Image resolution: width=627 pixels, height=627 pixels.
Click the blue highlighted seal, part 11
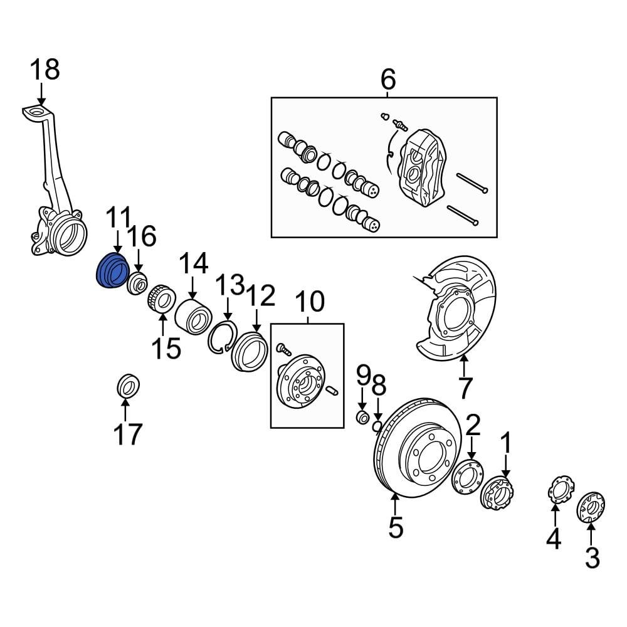[x=112, y=270]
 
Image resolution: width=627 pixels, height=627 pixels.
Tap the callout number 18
[x=45, y=70]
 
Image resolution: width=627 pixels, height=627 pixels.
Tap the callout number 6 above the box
[x=388, y=80]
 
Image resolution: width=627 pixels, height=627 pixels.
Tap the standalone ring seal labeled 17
[x=129, y=385]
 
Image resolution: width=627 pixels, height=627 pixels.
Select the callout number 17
[x=127, y=433]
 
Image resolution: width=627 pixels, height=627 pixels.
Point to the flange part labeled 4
[x=558, y=489]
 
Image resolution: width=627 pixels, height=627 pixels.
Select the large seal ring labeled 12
[x=250, y=353]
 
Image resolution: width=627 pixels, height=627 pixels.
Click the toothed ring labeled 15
[x=162, y=297]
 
